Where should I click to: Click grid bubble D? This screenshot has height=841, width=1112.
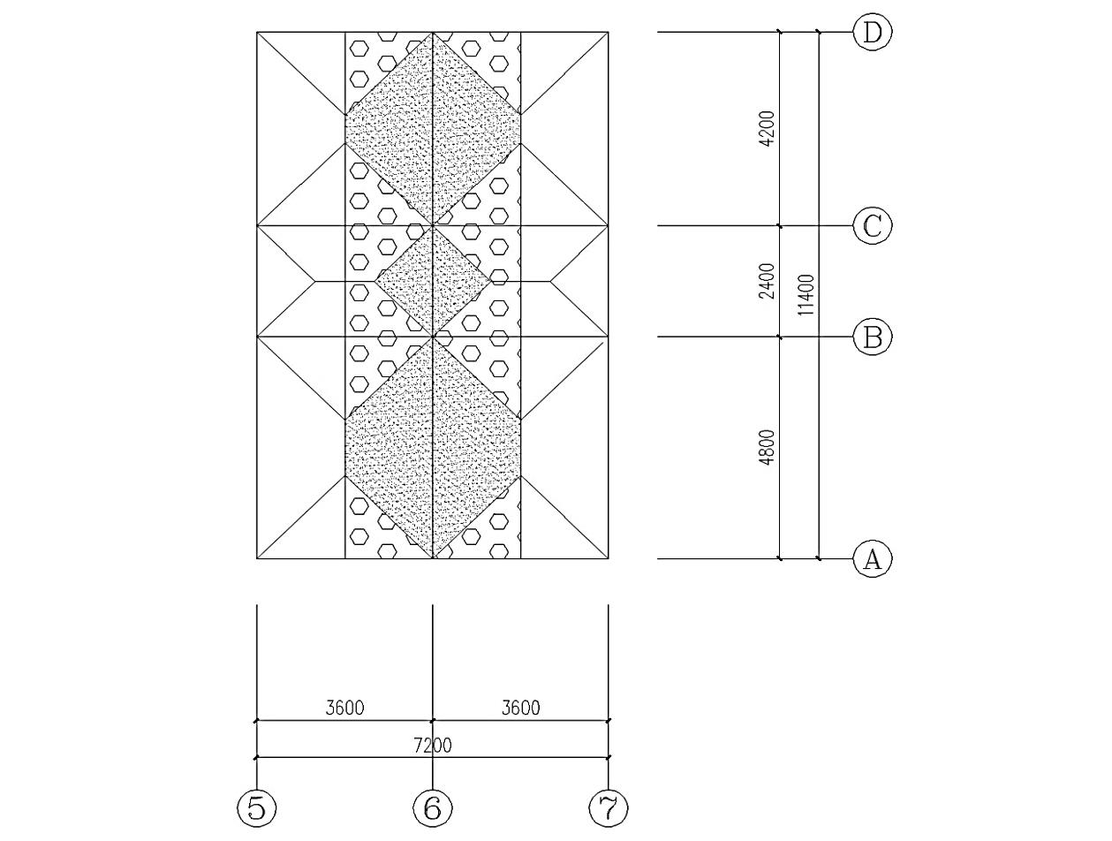pos(873,33)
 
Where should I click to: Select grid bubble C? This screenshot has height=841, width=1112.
pos(873,226)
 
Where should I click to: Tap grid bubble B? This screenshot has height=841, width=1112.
pos(873,337)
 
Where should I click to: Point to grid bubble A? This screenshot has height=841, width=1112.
pos(873,559)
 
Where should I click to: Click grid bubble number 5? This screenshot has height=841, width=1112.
pos(256,807)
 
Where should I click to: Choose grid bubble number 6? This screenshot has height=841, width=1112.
pos(433,807)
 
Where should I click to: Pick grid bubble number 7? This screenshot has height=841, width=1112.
pos(609,807)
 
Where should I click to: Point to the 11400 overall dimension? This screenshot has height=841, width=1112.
pos(806,295)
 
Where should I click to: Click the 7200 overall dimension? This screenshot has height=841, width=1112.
pos(433,746)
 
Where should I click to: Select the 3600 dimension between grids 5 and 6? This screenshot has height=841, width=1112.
pos(344,708)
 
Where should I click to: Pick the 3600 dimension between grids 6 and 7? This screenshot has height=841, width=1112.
pos(521,708)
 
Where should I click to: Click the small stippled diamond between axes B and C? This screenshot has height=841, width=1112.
pos(433,281)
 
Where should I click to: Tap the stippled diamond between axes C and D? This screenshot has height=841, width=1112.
pos(433,128)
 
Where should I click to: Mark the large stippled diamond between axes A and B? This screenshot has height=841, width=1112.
pos(433,448)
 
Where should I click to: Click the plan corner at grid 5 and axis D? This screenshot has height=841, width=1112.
pos(257,33)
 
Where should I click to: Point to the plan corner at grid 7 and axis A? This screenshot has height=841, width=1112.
pos(609,558)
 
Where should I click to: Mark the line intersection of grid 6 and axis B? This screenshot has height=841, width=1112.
pos(433,337)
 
